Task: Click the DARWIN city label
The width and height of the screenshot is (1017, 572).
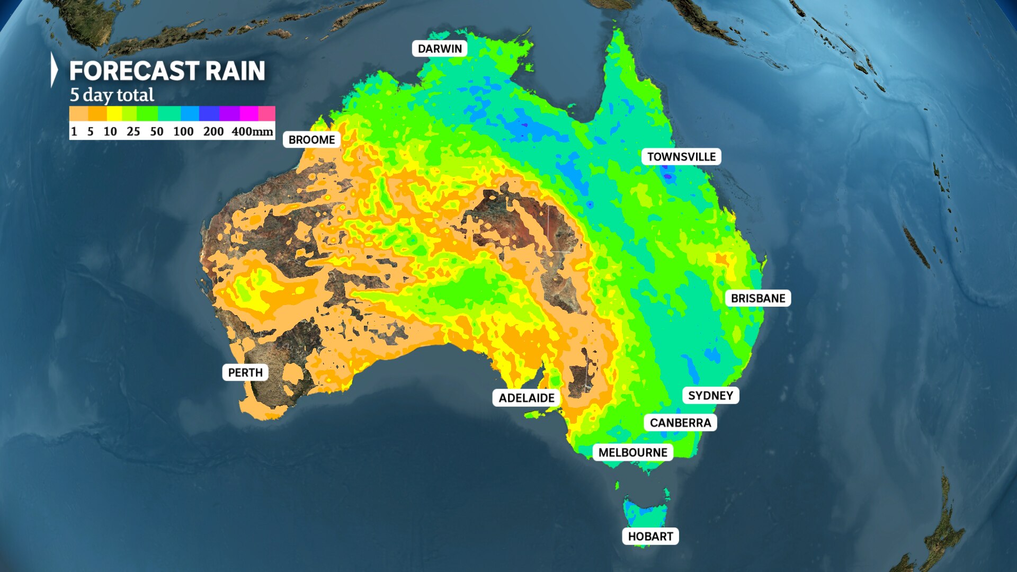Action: [440, 49]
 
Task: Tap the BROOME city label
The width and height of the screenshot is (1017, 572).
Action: [311, 140]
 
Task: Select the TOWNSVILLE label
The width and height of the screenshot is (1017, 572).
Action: [681, 157]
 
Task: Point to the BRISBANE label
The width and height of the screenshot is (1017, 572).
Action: [758, 298]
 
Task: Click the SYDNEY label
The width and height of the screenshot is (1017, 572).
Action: [710, 396]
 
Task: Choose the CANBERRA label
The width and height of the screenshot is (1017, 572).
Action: [680, 423]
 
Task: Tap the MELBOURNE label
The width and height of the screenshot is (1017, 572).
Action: [632, 452]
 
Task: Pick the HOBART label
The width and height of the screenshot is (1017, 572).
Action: [650, 537]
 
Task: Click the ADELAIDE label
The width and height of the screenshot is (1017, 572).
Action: [527, 398]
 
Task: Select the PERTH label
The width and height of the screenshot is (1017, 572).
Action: [245, 372]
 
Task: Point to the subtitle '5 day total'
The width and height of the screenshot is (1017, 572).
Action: [112, 95]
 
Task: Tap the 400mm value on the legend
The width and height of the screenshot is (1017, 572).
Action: [252, 131]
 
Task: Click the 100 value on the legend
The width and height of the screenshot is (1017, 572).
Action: [183, 131]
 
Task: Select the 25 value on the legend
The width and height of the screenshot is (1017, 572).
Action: [133, 131]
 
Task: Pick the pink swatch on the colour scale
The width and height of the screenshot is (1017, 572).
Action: [266, 113]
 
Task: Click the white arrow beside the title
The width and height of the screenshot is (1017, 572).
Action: [53, 69]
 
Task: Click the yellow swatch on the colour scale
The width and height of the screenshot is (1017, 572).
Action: [114, 113]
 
